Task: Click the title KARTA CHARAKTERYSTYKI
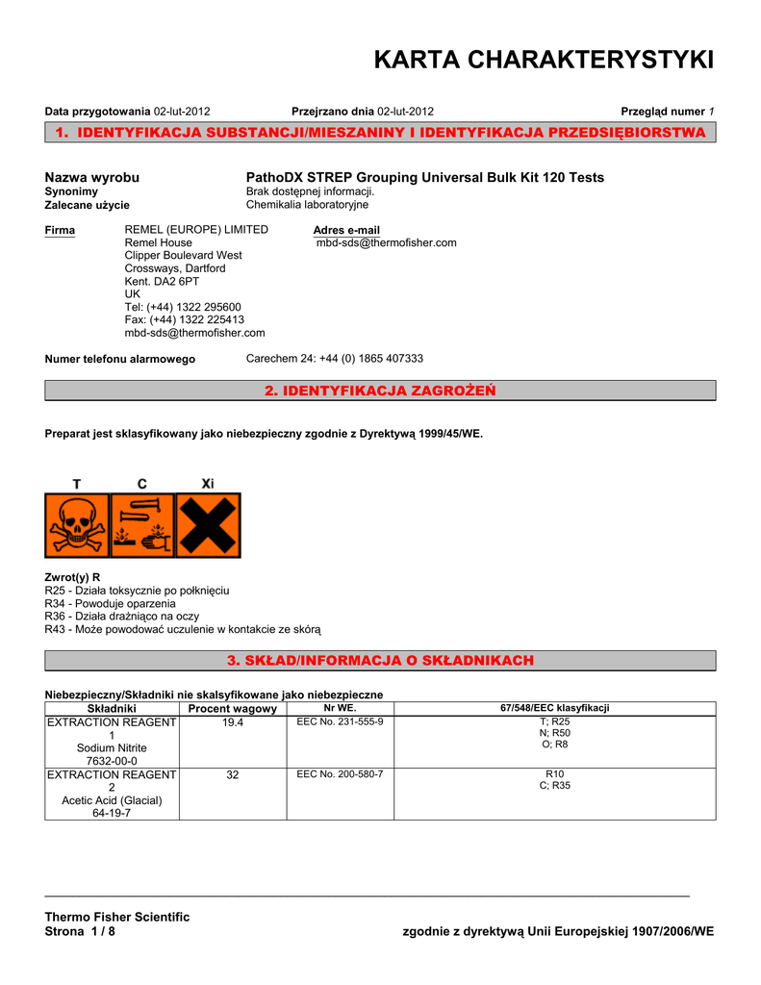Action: tap(543, 61)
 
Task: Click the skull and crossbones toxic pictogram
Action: tap(77, 525)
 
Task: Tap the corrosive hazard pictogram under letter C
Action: tap(142, 525)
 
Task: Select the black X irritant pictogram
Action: tap(208, 525)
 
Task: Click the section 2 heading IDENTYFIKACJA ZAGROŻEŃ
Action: tap(380, 390)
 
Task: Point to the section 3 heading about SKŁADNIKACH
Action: tap(380, 660)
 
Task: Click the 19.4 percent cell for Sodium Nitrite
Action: tap(233, 721)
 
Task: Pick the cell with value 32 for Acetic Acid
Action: tap(233, 774)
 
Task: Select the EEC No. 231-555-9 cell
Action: tap(340, 721)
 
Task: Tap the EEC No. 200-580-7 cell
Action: tap(340, 774)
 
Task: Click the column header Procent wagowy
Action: tap(233, 708)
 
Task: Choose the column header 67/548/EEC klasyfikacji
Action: tap(554, 708)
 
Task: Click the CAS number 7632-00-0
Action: tap(112, 761)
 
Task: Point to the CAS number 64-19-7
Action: tap(112, 813)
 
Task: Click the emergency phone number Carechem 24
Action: tap(335, 359)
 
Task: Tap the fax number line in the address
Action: tap(185, 320)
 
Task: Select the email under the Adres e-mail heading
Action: tap(387, 243)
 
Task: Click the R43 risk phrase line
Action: tap(183, 629)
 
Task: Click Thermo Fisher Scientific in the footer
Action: tap(117, 917)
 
